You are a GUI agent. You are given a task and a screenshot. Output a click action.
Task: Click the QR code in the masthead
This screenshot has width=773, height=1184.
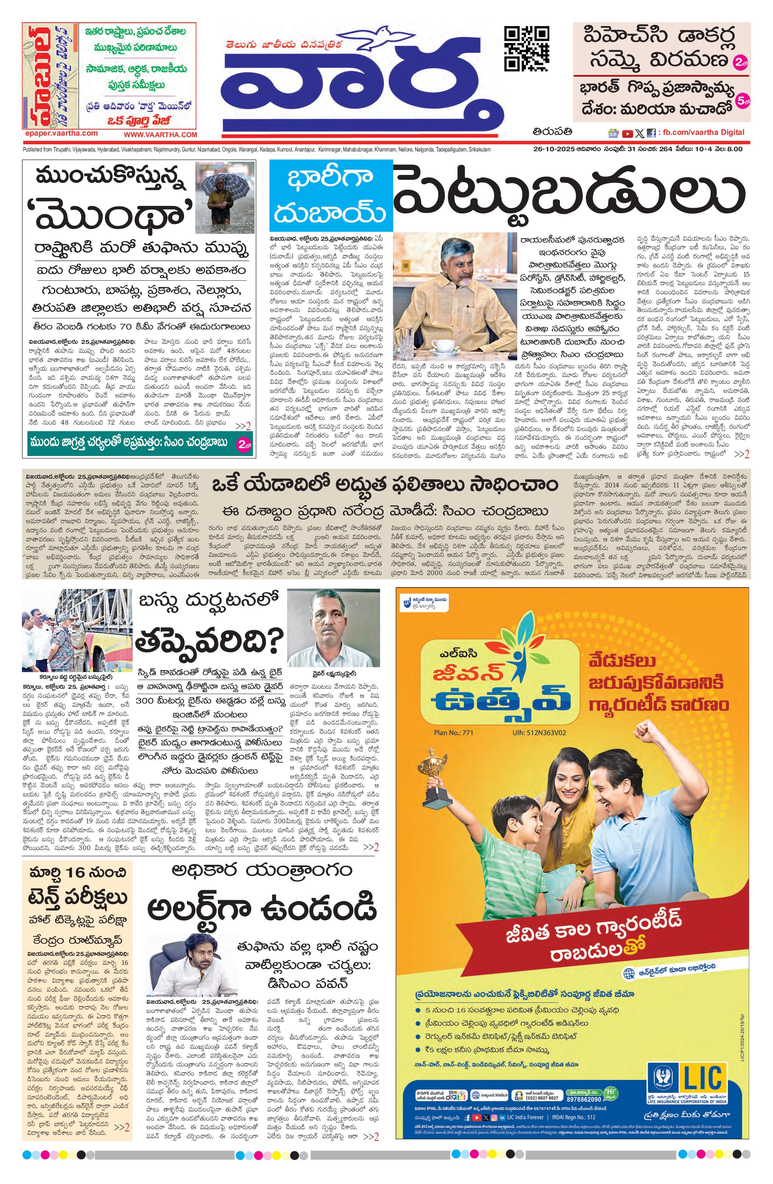click(527, 49)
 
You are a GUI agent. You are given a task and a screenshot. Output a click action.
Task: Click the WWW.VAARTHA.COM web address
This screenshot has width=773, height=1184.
click(160, 135)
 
